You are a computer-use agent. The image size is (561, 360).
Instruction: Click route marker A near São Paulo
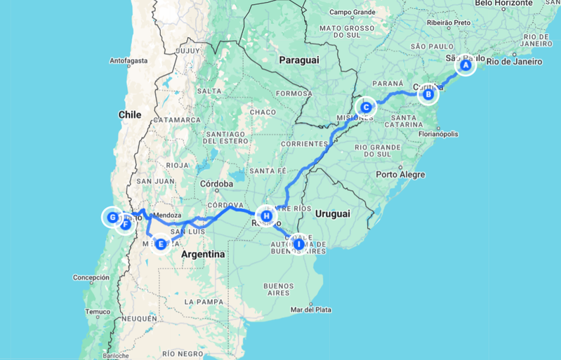pyautogui.click(x=464, y=66)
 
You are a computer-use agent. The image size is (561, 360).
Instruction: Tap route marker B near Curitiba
pyautogui.click(x=428, y=94)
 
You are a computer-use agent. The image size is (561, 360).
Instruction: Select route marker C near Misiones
pyautogui.click(x=366, y=107)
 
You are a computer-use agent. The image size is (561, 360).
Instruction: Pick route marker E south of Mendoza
pyautogui.click(x=161, y=244)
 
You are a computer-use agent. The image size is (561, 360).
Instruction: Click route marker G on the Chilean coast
pyautogui.click(x=112, y=217)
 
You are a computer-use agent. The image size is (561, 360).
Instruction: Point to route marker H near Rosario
pyautogui.click(x=266, y=215)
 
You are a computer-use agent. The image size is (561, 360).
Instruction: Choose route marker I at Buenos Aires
pyautogui.click(x=298, y=244)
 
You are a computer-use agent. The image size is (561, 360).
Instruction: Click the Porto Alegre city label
pyautogui.click(x=400, y=174)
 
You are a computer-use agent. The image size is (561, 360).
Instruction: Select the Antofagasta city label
pyautogui.click(x=128, y=61)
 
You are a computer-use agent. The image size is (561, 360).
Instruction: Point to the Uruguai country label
pyautogui.click(x=333, y=213)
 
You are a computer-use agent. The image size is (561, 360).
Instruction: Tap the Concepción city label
pyautogui.click(x=91, y=277)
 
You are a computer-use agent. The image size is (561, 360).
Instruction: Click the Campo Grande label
pyautogui.click(x=354, y=12)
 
